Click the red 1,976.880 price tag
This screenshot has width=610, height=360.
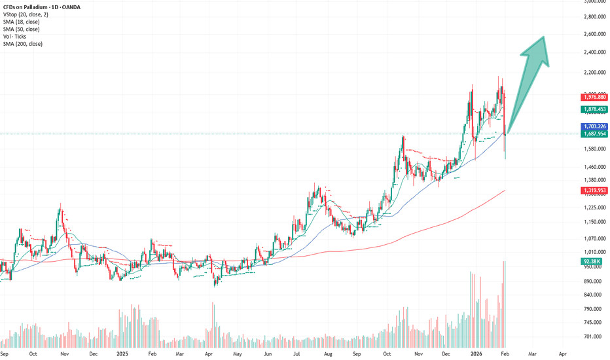(593, 97)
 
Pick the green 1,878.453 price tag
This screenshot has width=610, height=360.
(593, 110)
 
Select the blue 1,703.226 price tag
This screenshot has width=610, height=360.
(593, 126)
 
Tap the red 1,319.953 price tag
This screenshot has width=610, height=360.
(593, 190)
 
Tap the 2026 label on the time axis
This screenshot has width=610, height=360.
(478, 353)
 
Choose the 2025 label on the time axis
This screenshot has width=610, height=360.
(122, 353)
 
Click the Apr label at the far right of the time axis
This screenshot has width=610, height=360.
(564, 353)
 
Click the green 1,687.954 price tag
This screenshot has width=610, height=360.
(593, 134)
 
